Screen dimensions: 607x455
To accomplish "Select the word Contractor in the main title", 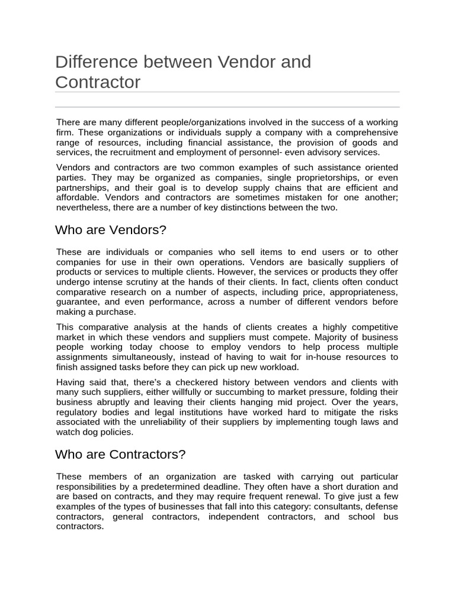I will [98, 82].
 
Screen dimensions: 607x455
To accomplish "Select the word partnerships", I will [82, 188].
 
